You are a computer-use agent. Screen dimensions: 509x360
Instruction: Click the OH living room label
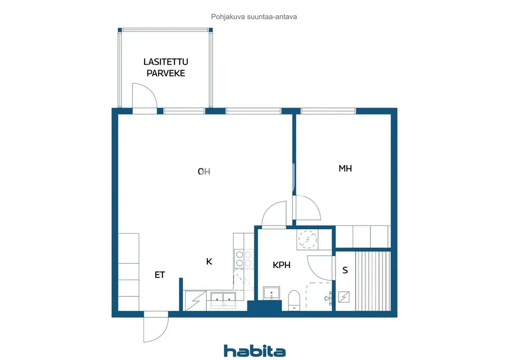[x=204, y=172]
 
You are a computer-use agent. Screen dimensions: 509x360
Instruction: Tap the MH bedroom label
[x=345, y=169]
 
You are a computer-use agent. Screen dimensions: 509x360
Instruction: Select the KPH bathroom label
[x=281, y=265]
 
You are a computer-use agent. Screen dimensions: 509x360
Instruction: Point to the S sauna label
[x=345, y=270]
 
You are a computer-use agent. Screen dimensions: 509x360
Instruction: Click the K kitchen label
[x=209, y=261]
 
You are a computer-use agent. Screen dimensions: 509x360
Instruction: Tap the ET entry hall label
[x=160, y=275]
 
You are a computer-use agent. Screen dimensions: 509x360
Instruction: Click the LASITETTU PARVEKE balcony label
[x=166, y=67]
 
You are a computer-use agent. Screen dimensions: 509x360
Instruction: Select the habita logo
[x=255, y=351]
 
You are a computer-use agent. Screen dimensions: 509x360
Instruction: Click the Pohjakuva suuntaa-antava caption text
[x=254, y=17]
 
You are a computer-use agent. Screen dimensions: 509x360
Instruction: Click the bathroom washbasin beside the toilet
[x=271, y=293]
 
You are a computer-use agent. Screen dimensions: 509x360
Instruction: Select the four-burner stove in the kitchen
[x=244, y=259]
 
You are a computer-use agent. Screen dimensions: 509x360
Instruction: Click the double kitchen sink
[x=223, y=299]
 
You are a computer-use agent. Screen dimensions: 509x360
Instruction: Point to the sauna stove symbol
[x=344, y=297]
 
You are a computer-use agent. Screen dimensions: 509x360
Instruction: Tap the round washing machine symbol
[x=307, y=239]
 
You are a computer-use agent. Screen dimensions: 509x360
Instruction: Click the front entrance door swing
[x=156, y=327]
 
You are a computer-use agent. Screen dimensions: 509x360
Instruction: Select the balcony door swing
[x=145, y=95]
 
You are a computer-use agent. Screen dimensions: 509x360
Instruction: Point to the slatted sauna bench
[x=373, y=281]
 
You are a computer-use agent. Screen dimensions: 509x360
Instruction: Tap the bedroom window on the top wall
[x=328, y=111]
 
